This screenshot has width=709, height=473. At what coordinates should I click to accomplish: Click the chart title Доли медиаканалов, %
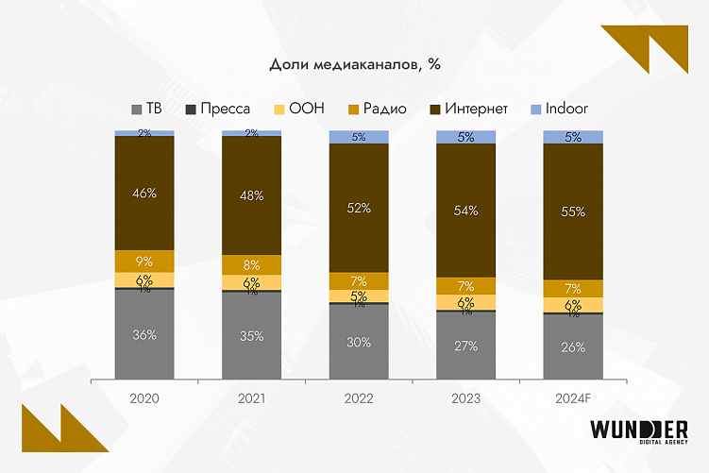(355, 65)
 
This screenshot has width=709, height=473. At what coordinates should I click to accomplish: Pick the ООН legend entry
(298, 109)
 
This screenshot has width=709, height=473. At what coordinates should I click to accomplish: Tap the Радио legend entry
(374, 109)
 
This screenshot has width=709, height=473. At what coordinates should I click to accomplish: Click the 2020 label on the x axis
(144, 398)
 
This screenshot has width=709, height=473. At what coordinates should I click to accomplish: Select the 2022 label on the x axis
(359, 398)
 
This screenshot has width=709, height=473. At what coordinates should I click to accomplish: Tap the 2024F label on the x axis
(572, 398)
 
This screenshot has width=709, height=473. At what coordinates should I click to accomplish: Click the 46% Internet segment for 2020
(144, 193)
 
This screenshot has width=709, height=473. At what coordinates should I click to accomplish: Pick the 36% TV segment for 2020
(144, 334)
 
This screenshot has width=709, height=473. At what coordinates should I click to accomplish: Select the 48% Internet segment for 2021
(251, 195)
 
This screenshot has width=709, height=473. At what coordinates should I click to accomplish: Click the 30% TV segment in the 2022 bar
(359, 343)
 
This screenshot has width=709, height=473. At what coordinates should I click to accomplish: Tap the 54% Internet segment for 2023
(465, 211)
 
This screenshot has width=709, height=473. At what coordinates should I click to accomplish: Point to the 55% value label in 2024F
(572, 212)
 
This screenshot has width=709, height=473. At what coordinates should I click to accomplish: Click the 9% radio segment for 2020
(144, 261)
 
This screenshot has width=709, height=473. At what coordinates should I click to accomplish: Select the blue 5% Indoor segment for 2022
(359, 137)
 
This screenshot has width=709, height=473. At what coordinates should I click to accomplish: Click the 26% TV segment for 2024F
(572, 346)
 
